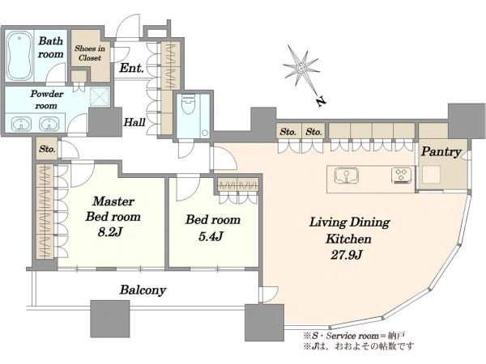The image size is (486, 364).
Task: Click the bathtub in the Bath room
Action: pyautogui.click(x=19, y=56)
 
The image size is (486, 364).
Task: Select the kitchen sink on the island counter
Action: pyautogui.click(x=347, y=176)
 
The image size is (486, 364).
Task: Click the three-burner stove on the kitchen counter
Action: pyautogui.click(x=402, y=176)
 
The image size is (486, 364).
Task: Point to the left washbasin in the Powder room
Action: pyautogui.click(x=21, y=124)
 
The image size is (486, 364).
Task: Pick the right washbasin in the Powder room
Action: pyautogui.click(x=49, y=124)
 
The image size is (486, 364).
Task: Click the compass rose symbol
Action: pyautogui.click(x=301, y=67)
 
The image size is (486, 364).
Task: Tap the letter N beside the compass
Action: pyautogui.click(x=322, y=101)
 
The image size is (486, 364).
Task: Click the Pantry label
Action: pyautogui.click(x=441, y=152)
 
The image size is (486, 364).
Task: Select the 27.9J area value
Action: pyautogui.click(x=346, y=255)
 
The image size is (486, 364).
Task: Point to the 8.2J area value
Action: pyautogui.click(x=109, y=232)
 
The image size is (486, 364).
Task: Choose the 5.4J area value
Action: pyautogui.click(x=211, y=237)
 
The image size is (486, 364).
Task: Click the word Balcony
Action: pyautogui.click(x=143, y=290)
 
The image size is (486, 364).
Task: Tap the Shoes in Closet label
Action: pyautogui.click(x=90, y=53)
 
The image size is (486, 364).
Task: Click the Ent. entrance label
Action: pyautogui.click(x=131, y=68)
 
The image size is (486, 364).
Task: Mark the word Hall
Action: pyautogui.click(x=134, y=122)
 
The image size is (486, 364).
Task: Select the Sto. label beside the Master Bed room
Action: pyautogui.click(x=47, y=149)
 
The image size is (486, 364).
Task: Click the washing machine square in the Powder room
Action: pyautogui.click(x=100, y=96)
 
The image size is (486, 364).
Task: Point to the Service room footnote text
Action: pyautogui.click(x=354, y=336)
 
